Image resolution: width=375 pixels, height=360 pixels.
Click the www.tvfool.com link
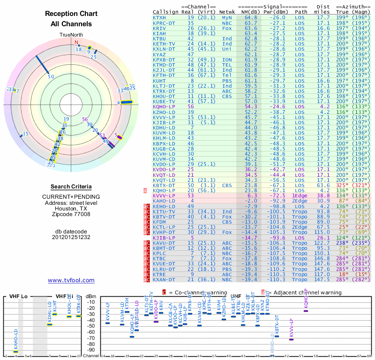[x=71, y=280]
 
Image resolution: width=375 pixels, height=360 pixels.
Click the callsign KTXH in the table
[x=159, y=18]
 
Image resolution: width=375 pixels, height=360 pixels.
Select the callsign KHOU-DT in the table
[x=164, y=97]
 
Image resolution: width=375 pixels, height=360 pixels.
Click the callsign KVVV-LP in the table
[x=164, y=195]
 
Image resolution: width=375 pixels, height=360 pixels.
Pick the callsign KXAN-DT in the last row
[x=164, y=279]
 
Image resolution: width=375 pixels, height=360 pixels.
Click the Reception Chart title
[x=71, y=14]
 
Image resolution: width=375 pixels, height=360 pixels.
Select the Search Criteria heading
[x=71, y=187]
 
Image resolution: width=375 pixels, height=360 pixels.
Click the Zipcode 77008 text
[x=71, y=214]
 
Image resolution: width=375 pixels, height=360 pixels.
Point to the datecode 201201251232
[x=71, y=237]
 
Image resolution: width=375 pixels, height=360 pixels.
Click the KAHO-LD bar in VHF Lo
[x=15, y=351]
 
